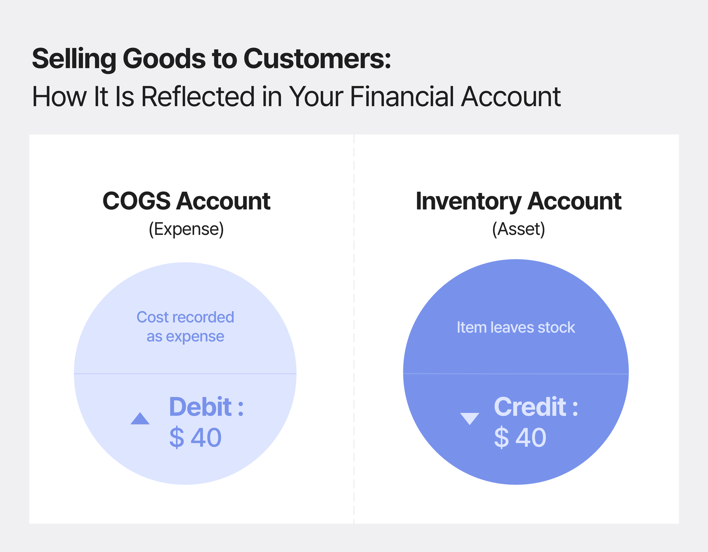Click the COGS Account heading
(x=186, y=201)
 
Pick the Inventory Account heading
(x=518, y=201)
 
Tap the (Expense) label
(x=186, y=229)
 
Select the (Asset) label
(x=518, y=229)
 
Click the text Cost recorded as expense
(x=185, y=327)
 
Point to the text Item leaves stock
(x=516, y=327)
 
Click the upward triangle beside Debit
(x=140, y=419)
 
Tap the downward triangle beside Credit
(x=470, y=419)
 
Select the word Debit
(x=200, y=407)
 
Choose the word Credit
(x=530, y=407)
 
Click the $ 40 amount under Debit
(x=195, y=438)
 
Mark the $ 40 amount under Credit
(x=520, y=438)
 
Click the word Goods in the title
(x=164, y=59)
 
